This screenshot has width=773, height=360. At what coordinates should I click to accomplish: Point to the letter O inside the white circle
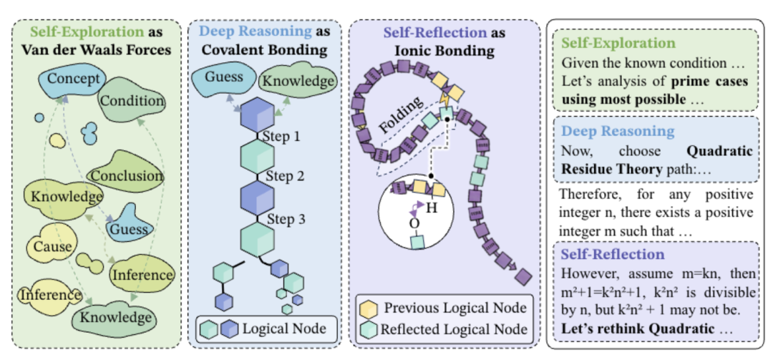(x=414, y=223)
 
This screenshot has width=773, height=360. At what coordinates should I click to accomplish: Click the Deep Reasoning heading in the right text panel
(x=618, y=131)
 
